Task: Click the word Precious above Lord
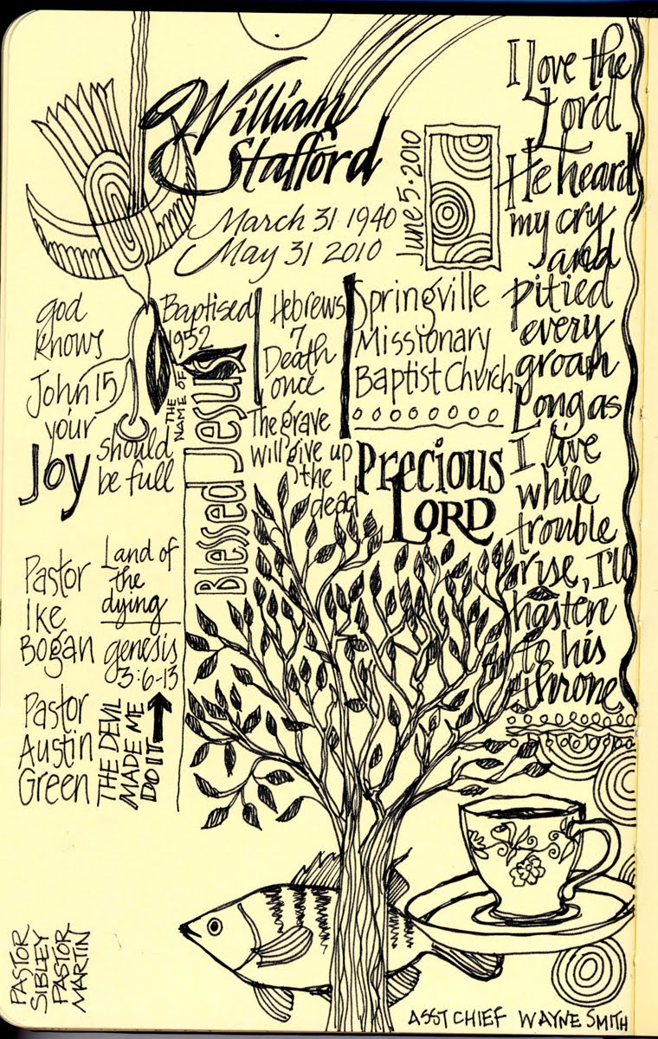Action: [430, 472]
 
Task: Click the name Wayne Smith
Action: [583, 1016]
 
